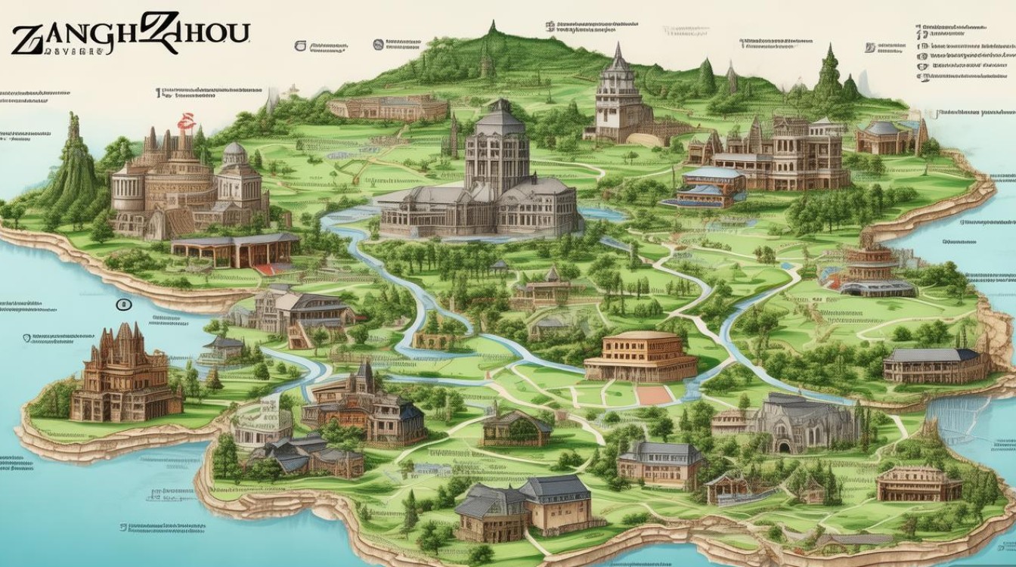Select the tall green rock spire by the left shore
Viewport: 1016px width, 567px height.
[x=73, y=163]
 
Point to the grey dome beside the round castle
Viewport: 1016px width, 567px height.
[x=235, y=151]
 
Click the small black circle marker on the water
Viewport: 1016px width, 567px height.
[x=123, y=305]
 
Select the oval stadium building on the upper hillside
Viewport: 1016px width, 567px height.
[x=388, y=107]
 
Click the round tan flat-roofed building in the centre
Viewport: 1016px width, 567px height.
[x=642, y=355]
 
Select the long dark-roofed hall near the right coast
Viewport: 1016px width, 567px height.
[x=936, y=366]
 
